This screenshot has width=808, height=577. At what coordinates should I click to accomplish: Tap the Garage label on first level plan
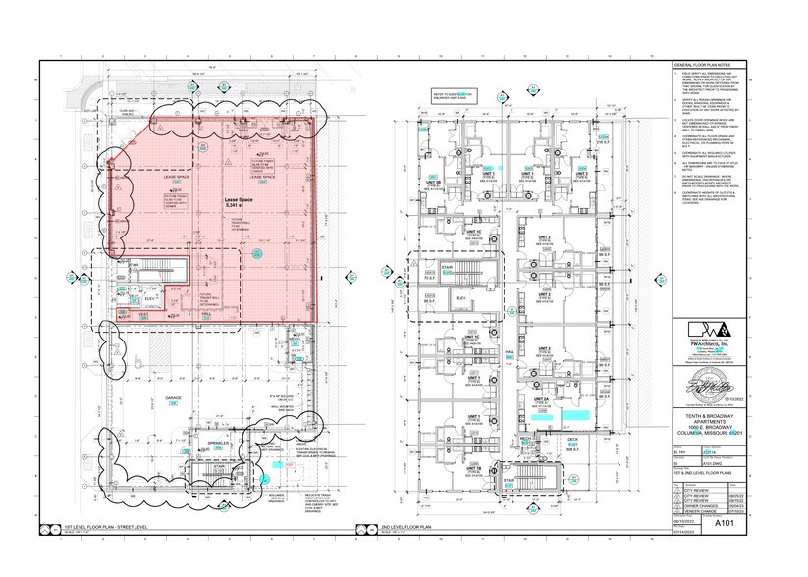point(173,398)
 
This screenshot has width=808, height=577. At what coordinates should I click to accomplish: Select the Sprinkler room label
point(218,444)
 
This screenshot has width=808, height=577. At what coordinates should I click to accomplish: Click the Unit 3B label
point(433,183)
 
